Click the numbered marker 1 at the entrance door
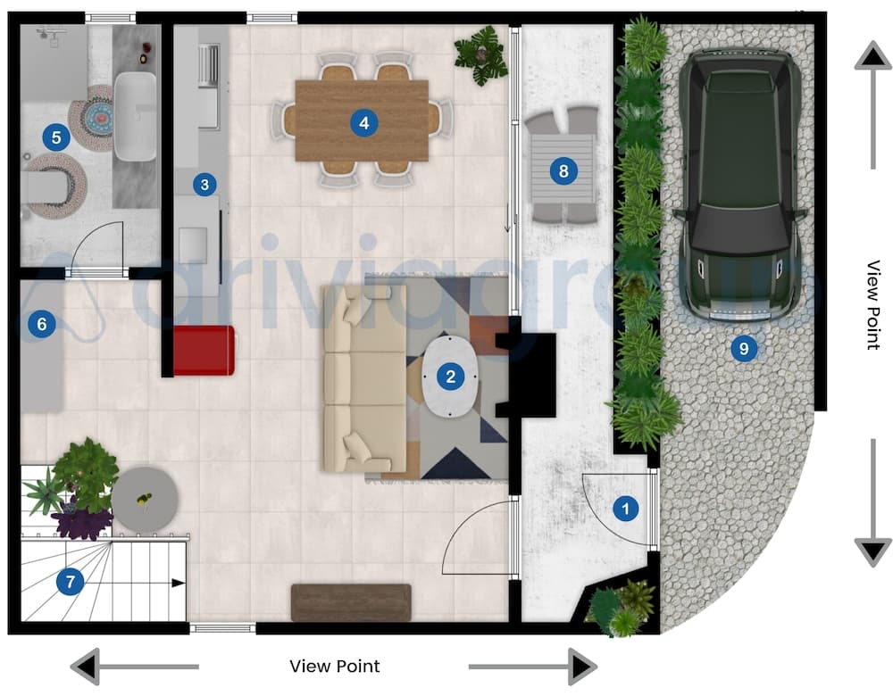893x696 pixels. pos(625,509)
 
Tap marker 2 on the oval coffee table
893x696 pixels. pos(451,377)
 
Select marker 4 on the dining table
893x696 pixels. pos(363,122)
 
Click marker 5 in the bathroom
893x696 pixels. pos(56,137)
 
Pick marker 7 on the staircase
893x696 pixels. pos(69,583)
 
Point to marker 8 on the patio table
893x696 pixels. pos(562,170)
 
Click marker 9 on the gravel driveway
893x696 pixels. pos(742,348)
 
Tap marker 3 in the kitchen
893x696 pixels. pos(204,185)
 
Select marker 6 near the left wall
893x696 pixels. pos(39,324)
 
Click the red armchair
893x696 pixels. pos(204,350)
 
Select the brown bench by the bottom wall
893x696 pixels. pos(351,602)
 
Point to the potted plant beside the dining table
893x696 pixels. pos(480,55)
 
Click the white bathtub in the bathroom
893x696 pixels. pos(136,116)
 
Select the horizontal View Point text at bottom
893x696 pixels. pos(335,667)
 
